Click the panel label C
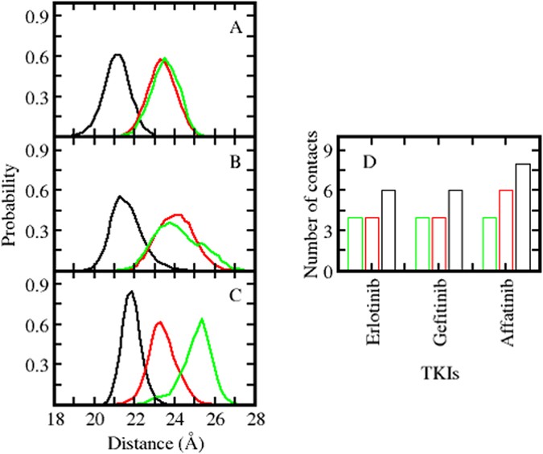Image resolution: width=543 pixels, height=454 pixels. [237, 295]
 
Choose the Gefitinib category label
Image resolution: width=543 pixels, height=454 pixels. [439, 314]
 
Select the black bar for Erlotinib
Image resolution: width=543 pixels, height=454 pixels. [388, 231]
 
